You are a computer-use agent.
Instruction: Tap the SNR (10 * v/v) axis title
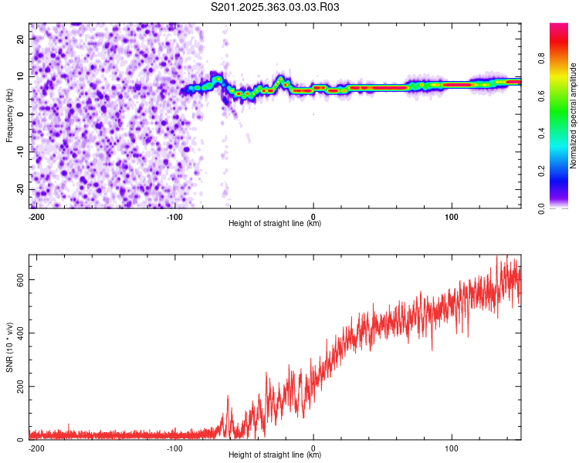point(10,346)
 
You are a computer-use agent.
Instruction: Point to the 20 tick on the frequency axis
point(21,39)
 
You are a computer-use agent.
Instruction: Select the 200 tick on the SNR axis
point(18,387)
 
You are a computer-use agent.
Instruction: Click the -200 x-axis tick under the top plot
point(36,216)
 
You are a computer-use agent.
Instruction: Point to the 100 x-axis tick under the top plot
point(452,216)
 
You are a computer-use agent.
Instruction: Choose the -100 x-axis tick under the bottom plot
point(174,448)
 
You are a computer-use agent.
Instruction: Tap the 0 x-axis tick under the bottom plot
point(313,448)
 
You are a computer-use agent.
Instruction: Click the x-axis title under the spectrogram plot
point(275,224)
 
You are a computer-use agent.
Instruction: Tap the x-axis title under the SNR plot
point(275,455)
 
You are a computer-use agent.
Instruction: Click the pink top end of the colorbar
point(559,28)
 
